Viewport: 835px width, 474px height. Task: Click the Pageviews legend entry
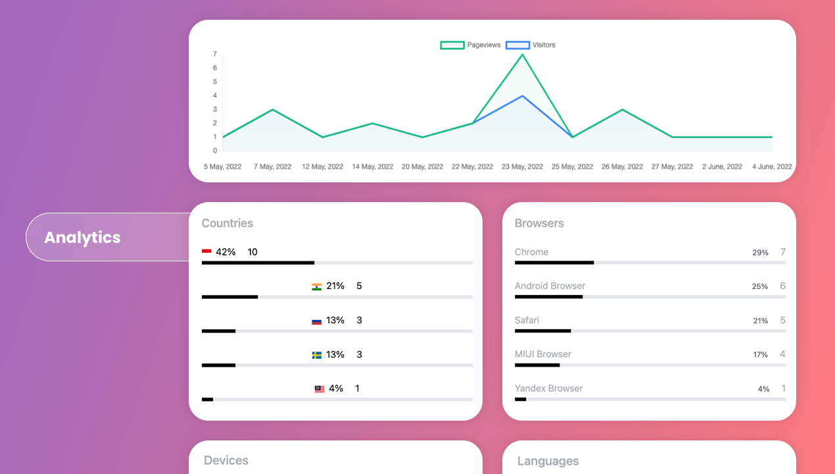pos(470,45)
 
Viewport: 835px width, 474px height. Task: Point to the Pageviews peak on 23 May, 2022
pos(523,55)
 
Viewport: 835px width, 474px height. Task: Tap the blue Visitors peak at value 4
pos(523,96)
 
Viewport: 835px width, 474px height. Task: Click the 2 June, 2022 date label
pos(722,167)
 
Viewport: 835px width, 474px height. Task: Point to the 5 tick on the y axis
pos(215,82)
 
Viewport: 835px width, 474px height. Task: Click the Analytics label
pos(82,237)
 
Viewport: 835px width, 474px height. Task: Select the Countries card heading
pos(227,223)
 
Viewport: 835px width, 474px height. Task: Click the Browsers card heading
pos(539,223)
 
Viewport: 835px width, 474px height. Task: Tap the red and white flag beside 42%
pos(206,251)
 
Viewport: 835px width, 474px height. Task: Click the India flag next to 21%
pos(317,286)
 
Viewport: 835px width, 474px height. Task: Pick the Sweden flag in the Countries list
pos(317,355)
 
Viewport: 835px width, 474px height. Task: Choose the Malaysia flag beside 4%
pos(320,389)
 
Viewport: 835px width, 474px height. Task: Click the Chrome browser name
pos(531,252)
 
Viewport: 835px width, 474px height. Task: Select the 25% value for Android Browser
pos(760,286)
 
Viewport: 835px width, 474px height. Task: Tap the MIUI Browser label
pos(543,354)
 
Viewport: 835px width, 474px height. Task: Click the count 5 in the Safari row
pos(782,321)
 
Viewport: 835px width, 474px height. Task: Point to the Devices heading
pos(226,460)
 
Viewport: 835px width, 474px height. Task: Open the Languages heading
pos(548,461)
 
